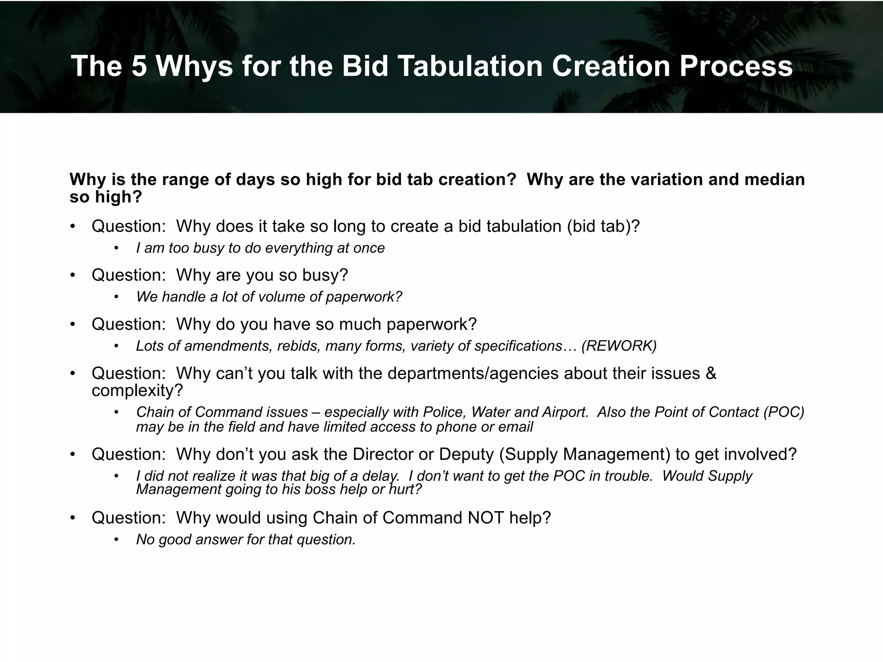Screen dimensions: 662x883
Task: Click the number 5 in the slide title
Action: [x=140, y=66]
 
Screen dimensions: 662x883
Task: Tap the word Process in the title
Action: [x=736, y=66]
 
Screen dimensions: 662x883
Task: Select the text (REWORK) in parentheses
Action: [x=619, y=346]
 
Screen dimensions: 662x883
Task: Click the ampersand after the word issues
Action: [x=711, y=373]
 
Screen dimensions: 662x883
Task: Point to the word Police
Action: [x=444, y=412]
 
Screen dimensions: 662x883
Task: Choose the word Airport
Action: [x=565, y=412]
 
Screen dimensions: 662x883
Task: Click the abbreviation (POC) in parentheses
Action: [x=783, y=412]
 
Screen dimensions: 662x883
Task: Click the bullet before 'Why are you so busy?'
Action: [x=73, y=275]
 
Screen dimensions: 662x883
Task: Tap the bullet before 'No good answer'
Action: [x=116, y=540]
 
